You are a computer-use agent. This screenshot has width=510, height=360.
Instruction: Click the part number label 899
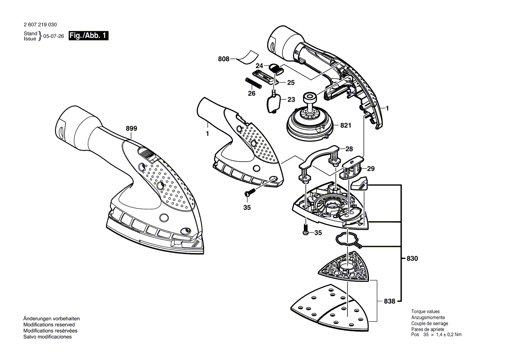[131, 128]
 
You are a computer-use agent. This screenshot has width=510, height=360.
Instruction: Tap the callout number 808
[224, 58]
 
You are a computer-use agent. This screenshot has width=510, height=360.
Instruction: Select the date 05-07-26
[54, 37]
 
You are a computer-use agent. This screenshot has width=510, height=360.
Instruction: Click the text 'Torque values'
[426, 312]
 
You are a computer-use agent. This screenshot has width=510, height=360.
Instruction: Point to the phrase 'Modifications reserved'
[49, 325]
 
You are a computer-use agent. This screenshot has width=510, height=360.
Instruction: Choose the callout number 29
[370, 168]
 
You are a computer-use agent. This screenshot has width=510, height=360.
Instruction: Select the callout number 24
[259, 66]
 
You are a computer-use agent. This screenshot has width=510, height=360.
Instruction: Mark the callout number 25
[290, 82]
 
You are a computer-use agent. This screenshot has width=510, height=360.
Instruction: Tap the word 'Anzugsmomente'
[428, 318]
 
